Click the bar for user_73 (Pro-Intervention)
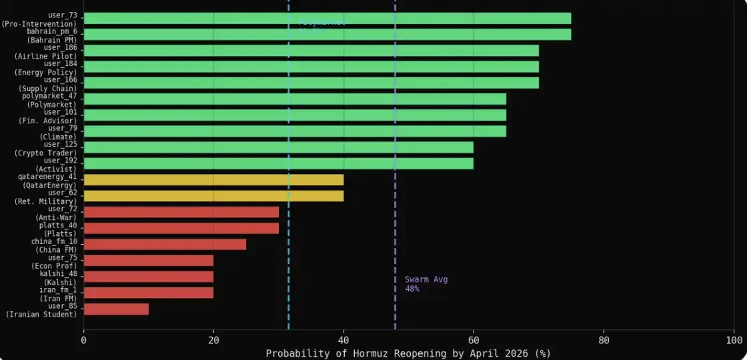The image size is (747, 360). pos(327,18)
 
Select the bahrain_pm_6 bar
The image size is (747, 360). pos(327,35)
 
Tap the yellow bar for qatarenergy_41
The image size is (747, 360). pos(213,179)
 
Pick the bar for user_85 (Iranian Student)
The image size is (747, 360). pos(116,309)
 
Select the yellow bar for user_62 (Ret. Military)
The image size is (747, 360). pos(213,196)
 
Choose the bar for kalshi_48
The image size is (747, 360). pos(149,277)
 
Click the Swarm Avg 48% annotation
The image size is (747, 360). pos(426,284)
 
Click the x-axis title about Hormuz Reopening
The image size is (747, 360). pos(408,353)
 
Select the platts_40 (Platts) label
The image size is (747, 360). pos(57,229)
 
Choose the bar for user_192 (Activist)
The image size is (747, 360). pos(278,163)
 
